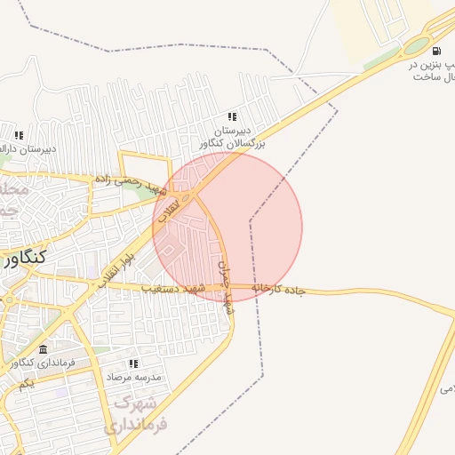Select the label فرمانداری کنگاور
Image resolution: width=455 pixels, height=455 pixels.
(x=43, y=362)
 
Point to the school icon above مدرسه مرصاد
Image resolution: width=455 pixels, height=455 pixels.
(x=133, y=363)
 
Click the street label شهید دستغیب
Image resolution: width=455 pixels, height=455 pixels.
(x=173, y=288)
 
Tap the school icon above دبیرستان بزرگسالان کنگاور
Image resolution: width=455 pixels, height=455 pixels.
(x=232, y=116)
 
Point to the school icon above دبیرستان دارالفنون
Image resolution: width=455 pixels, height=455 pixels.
(x=18, y=135)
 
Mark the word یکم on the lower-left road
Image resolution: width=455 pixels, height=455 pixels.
(x=27, y=383)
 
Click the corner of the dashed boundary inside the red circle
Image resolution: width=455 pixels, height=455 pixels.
(x=251, y=220)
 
